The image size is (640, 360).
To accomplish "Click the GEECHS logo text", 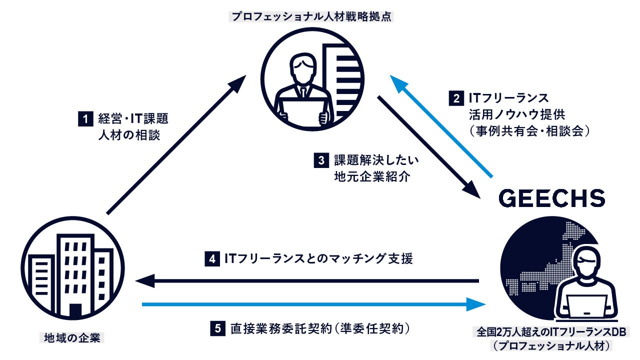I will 552,198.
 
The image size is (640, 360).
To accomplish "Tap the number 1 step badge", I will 85,119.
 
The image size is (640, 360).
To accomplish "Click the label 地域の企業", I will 70,337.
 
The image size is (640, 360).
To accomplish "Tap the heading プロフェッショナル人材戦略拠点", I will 311,16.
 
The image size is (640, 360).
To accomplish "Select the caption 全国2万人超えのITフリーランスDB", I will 552,331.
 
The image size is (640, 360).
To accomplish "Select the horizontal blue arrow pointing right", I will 310,303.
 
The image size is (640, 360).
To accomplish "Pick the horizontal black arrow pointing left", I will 310,281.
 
